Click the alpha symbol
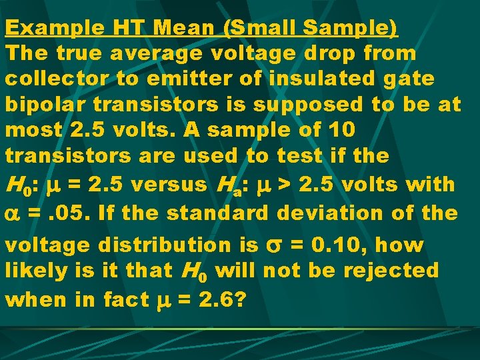click(14, 214)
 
